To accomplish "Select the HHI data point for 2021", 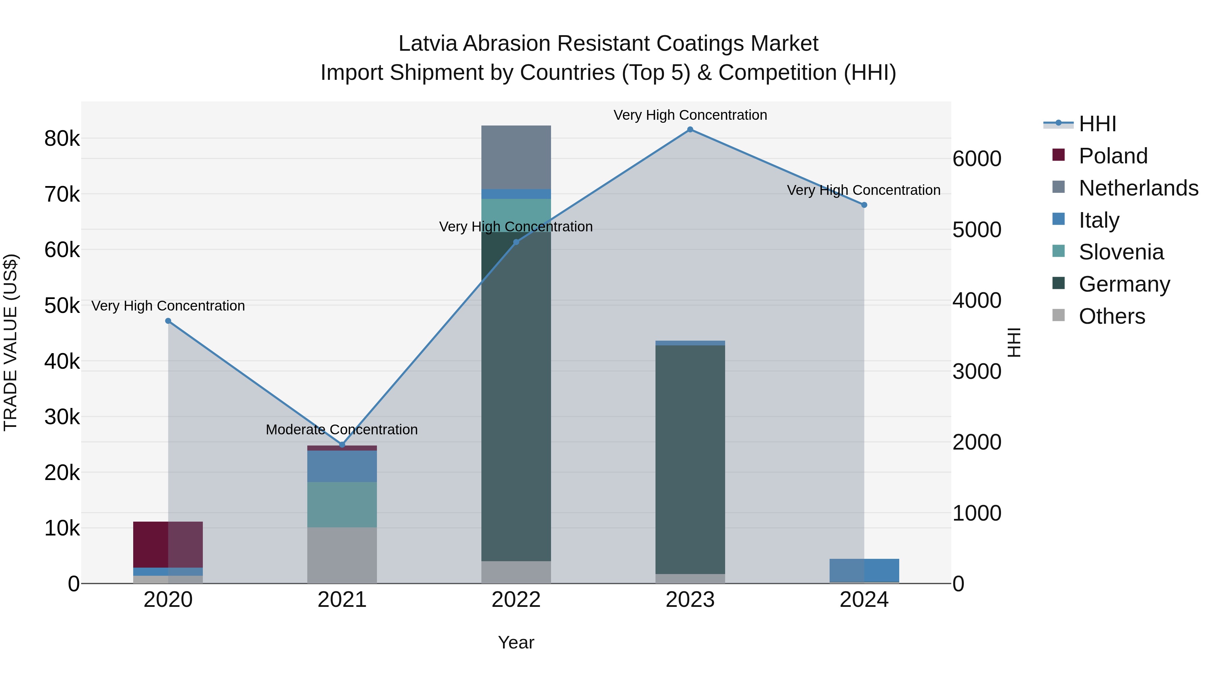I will pos(342,445).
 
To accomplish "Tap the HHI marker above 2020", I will pos(168,321).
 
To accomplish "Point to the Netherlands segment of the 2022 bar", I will pos(516,157).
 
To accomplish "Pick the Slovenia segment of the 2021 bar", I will pos(342,504).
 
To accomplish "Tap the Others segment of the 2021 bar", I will pos(342,555).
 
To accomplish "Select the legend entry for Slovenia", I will pos(1121,252).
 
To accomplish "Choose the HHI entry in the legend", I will pos(1097,124).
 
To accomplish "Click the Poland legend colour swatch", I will pos(1059,155).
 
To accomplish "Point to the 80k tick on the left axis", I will pos(62,139).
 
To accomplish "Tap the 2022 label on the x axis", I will pos(516,600).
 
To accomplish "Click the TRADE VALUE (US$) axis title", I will pos(10,342).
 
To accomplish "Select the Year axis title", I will pos(516,642).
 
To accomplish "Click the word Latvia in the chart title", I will pos(428,44).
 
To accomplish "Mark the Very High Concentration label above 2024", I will pos(864,190).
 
